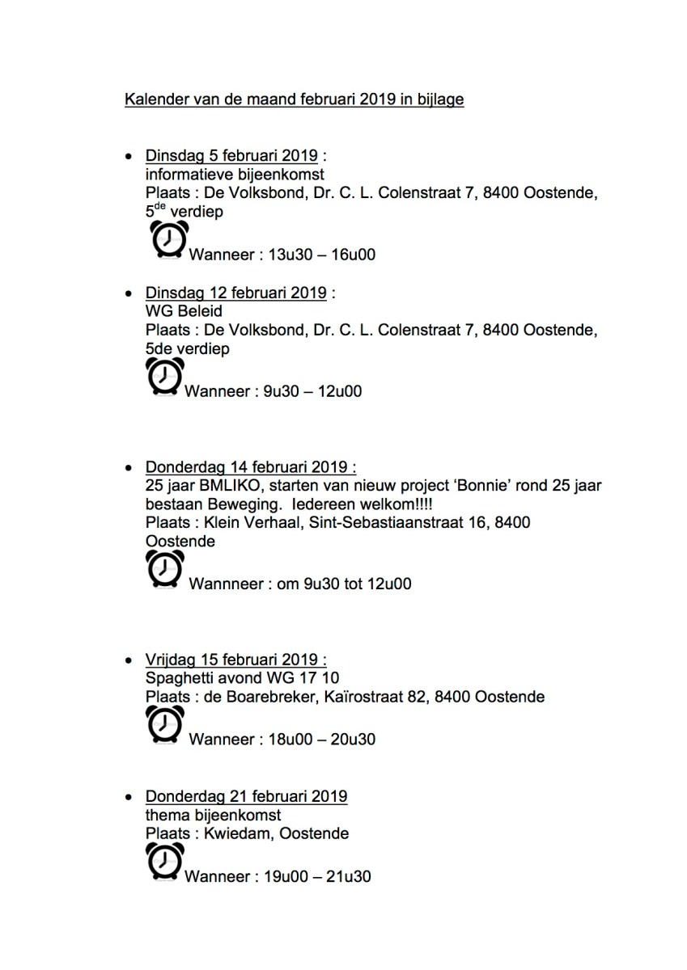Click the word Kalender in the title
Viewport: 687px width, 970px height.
(x=155, y=100)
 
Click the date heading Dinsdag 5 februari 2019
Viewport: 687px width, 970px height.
(x=231, y=155)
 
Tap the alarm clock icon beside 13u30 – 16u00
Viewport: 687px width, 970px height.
(x=169, y=240)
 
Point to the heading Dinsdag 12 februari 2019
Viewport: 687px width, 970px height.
(x=235, y=292)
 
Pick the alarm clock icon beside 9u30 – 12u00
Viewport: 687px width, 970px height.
(x=165, y=377)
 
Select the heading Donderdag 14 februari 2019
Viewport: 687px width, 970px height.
(x=250, y=467)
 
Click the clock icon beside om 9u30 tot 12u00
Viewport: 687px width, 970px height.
(x=165, y=568)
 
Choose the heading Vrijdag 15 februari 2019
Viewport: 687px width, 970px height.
(x=236, y=659)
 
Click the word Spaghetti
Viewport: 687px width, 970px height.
(x=180, y=677)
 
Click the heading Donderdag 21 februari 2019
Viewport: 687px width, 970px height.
(x=246, y=796)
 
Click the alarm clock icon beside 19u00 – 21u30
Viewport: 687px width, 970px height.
(x=165, y=862)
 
